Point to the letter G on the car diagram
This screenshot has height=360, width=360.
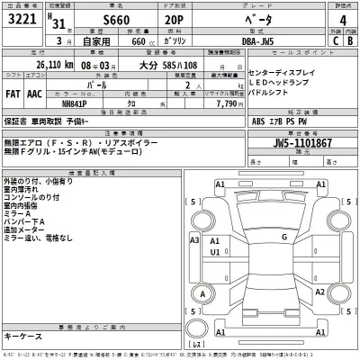click(283, 236)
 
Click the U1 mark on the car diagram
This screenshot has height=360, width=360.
click(216, 253)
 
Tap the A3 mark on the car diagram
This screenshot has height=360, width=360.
click(194, 240)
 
